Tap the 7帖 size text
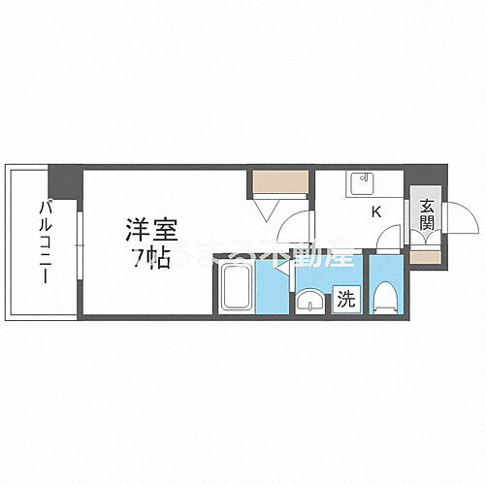click(x=142, y=257)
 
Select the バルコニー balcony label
click(x=45, y=240)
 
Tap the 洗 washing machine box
click(x=345, y=301)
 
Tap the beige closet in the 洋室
click(x=280, y=181)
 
